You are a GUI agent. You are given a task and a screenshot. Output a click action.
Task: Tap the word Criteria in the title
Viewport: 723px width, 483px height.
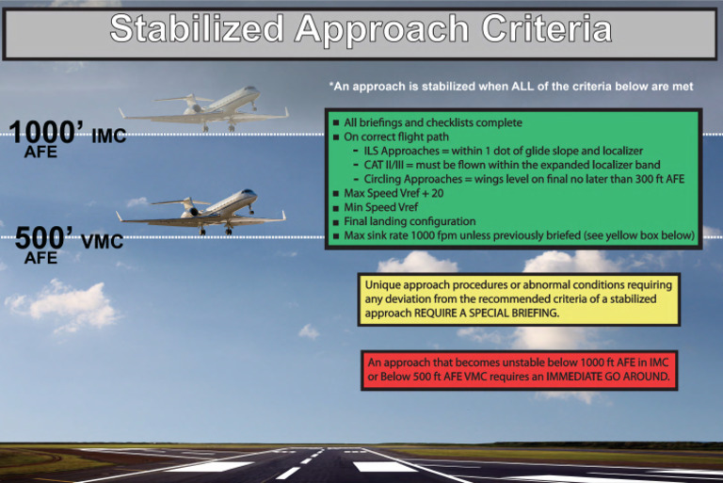(547, 30)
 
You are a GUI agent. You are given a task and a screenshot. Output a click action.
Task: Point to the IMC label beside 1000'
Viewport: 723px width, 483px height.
(108, 137)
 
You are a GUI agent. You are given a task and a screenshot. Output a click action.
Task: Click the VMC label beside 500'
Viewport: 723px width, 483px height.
(102, 242)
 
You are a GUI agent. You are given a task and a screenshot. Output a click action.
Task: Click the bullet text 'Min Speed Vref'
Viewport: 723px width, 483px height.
(382, 206)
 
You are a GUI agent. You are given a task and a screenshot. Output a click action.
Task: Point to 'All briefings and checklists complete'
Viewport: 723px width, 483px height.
(433, 122)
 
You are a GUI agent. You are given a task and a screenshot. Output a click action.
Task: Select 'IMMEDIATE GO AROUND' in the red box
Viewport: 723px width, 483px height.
(607, 377)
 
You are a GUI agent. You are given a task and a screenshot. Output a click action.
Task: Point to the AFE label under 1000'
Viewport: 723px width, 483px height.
(40, 153)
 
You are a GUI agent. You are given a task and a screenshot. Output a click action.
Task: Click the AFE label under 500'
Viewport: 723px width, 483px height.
(40, 257)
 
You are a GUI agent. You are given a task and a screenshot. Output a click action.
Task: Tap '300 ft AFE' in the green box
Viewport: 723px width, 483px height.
(653, 179)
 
